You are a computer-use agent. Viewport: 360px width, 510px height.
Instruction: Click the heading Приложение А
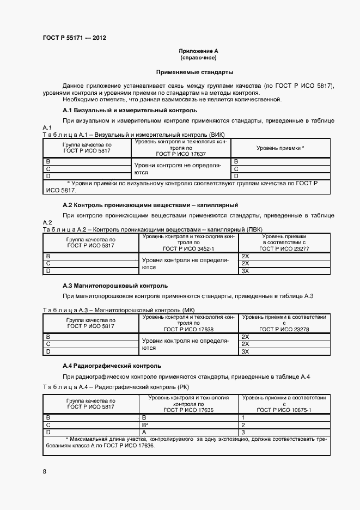(x=198, y=51)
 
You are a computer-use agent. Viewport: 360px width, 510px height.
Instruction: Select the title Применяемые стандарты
(x=194, y=72)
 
